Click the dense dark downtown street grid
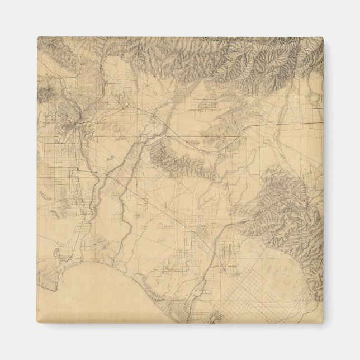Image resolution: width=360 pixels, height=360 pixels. click(74, 120)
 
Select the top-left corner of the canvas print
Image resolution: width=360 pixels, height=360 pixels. click(37, 37)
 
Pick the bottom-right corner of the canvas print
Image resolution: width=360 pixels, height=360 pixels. click(324, 324)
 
